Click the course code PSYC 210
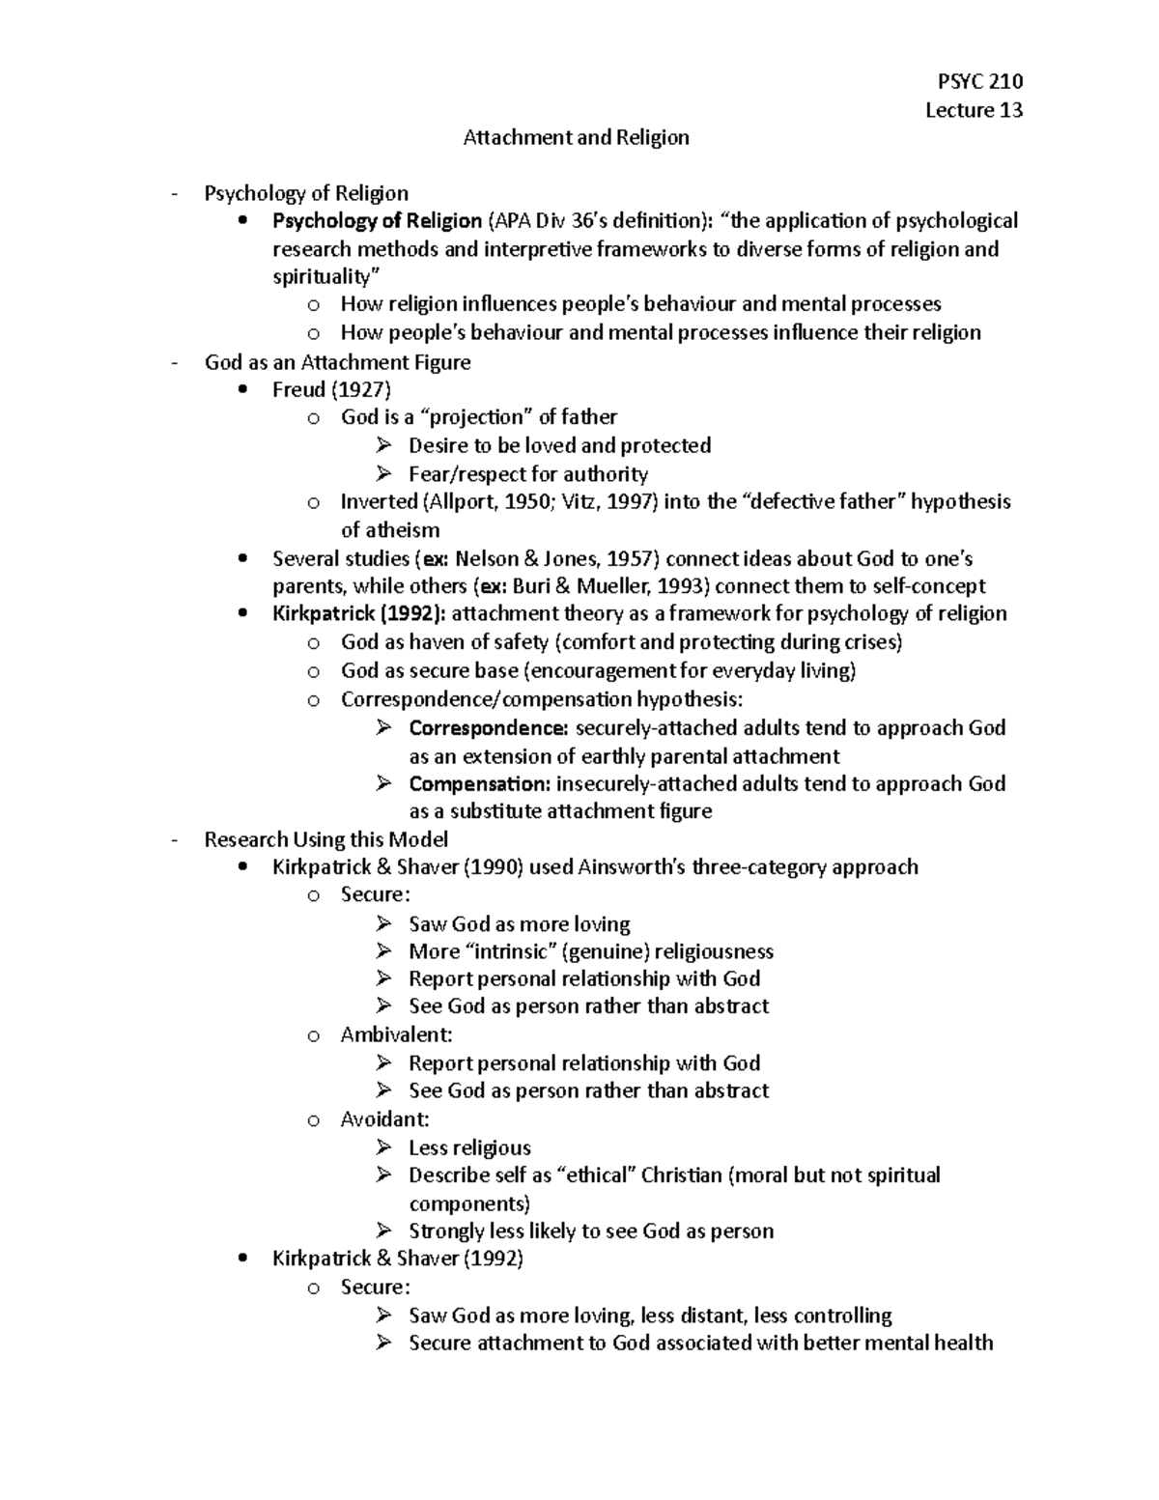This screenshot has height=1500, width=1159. (x=979, y=81)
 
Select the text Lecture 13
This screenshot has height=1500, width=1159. (x=974, y=110)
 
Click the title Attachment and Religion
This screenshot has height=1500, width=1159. (x=576, y=138)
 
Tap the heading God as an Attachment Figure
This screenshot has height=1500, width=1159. (x=337, y=363)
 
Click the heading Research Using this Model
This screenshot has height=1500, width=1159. (x=326, y=840)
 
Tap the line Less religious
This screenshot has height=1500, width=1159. (x=469, y=1148)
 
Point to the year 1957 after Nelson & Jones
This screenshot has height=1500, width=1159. (x=632, y=559)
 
